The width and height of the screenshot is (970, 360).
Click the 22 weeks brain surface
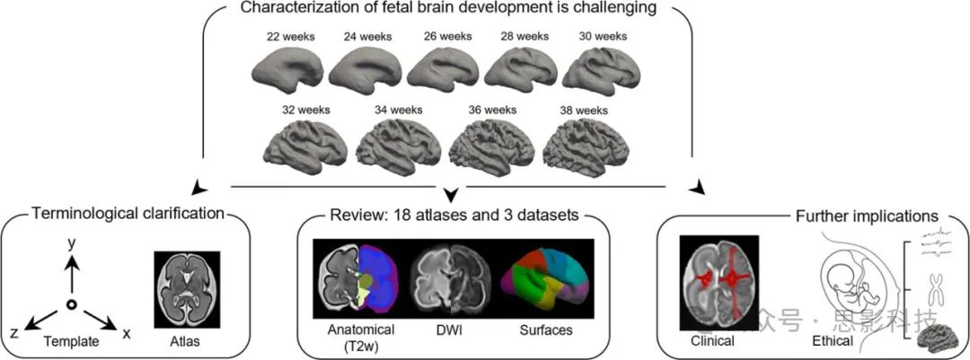click(287, 67)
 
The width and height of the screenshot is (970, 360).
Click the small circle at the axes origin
click(71, 306)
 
